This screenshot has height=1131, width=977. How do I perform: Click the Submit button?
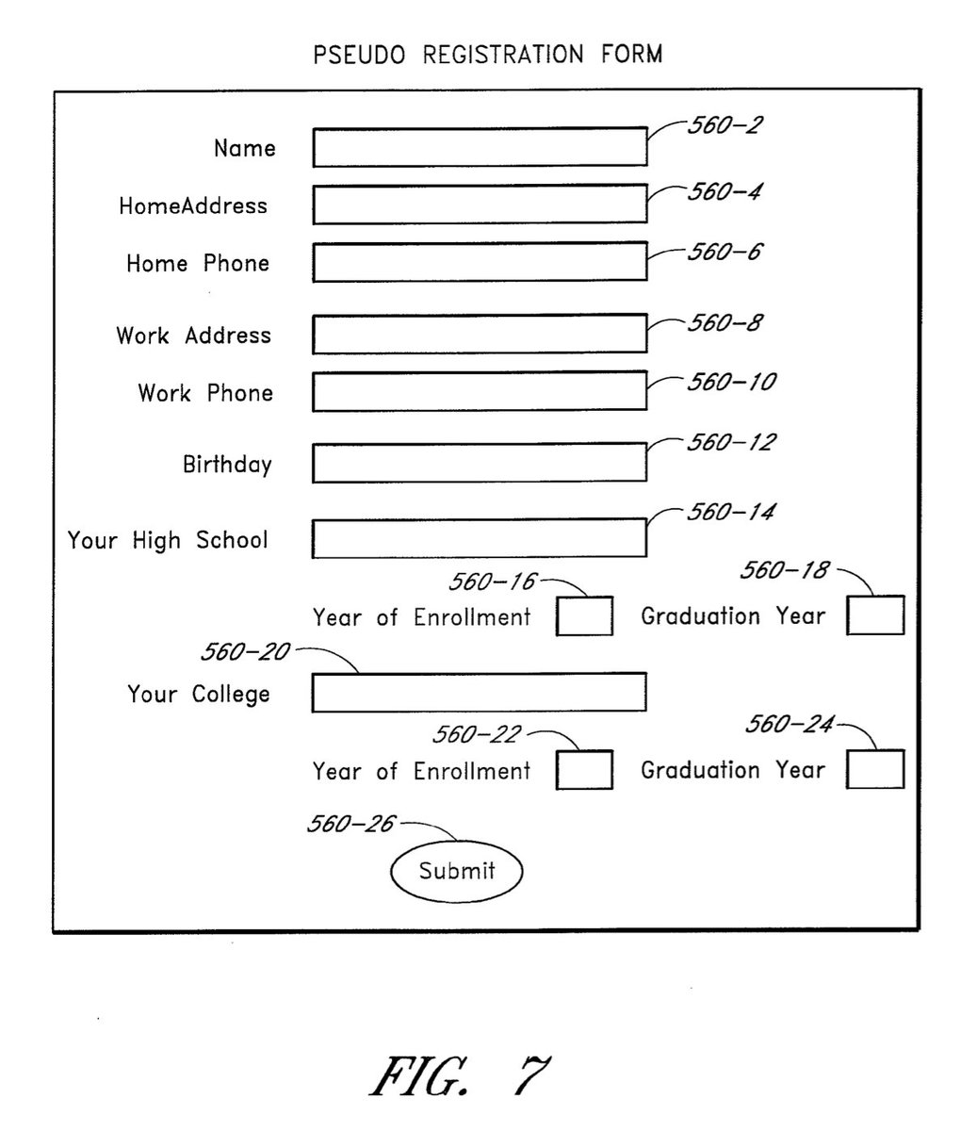pyautogui.click(x=456, y=871)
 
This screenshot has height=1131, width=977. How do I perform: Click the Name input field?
pyautogui.click(x=480, y=147)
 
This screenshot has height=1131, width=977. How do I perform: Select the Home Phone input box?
pyautogui.click(x=480, y=262)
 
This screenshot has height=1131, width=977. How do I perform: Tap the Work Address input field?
pyautogui.click(x=480, y=334)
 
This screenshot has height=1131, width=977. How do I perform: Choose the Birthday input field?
pyautogui.click(x=480, y=463)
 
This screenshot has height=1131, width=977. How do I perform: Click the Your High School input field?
pyautogui.click(x=480, y=538)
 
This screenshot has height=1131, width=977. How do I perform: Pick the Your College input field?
pyautogui.click(x=480, y=693)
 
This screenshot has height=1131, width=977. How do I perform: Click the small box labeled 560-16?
pyautogui.click(x=584, y=615)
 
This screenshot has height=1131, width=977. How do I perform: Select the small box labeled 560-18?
pyautogui.click(x=875, y=615)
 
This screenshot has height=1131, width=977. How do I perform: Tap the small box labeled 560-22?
pyautogui.click(x=584, y=769)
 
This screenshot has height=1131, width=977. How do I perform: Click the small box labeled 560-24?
pyautogui.click(x=875, y=769)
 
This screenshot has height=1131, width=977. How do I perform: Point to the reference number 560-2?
pyautogui.click(x=723, y=125)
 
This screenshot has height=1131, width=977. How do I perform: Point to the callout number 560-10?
pyautogui.click(x=731, y=382)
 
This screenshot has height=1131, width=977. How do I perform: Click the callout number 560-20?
pyautogui.click(x=245, y=652)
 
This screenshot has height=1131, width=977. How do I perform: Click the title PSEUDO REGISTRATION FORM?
pyautogui.click(x=488, y=55)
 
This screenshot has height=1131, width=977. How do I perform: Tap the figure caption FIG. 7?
pyautogui.click(x=459, y=1074)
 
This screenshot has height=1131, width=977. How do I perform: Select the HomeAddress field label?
pyautogui.click(x=193, y=205)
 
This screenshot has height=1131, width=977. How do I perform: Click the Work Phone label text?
pyautogui.click(x=205, y=392)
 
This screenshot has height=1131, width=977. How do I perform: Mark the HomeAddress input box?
pyautogui.click(x=480, y=205)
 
